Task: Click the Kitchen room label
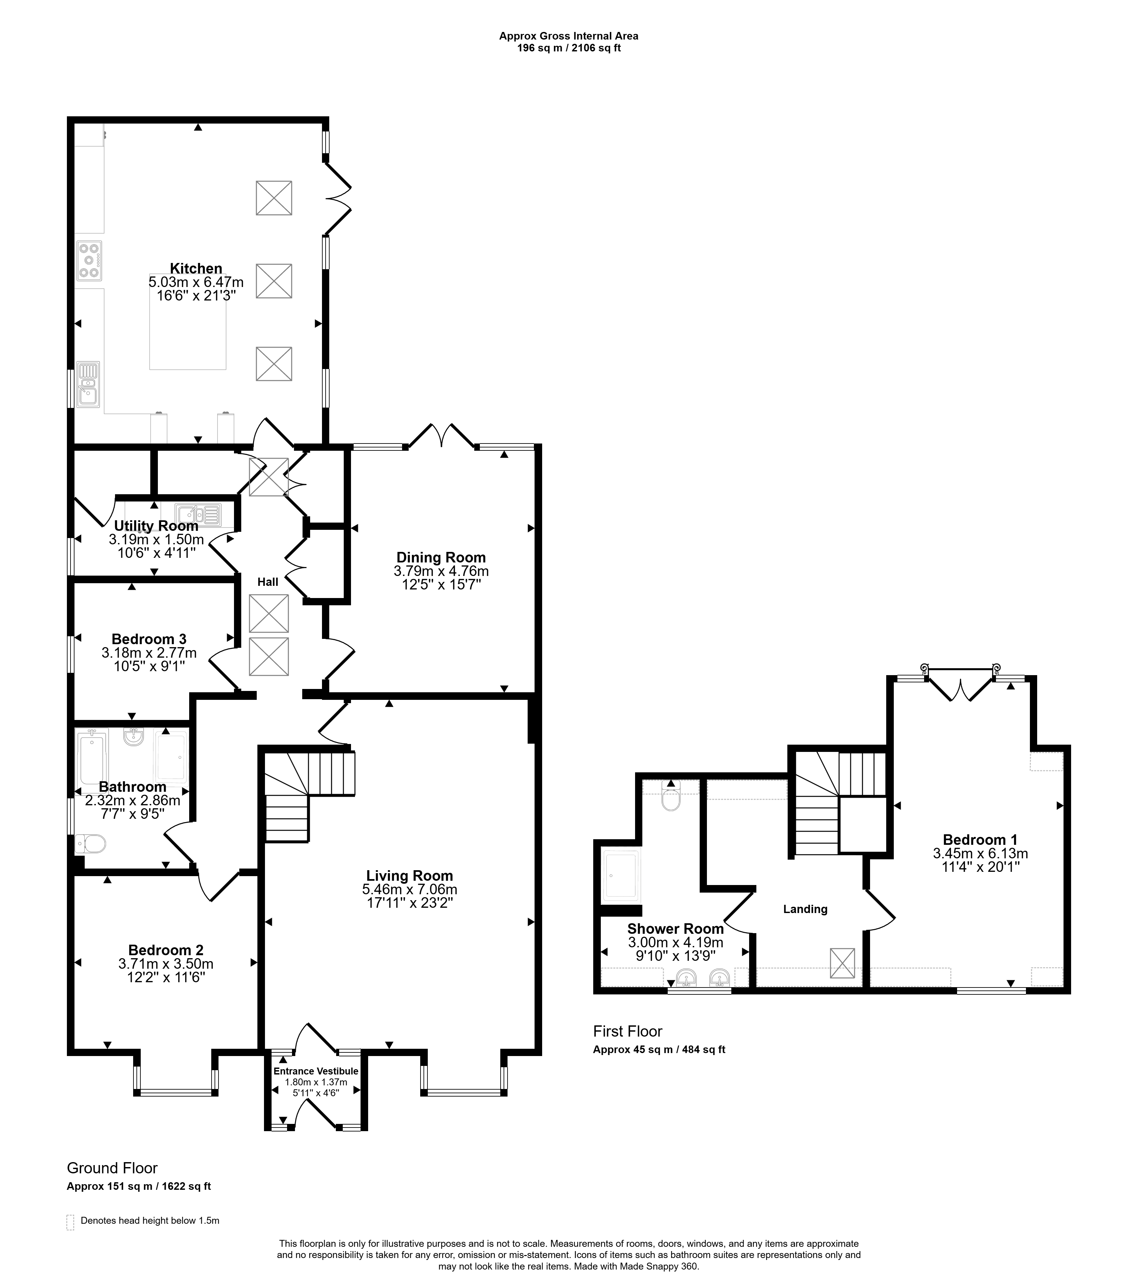coord(196,269)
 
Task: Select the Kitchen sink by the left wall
coord(88,384)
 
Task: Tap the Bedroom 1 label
coord(980,839)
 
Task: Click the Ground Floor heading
coord(112,1168)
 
